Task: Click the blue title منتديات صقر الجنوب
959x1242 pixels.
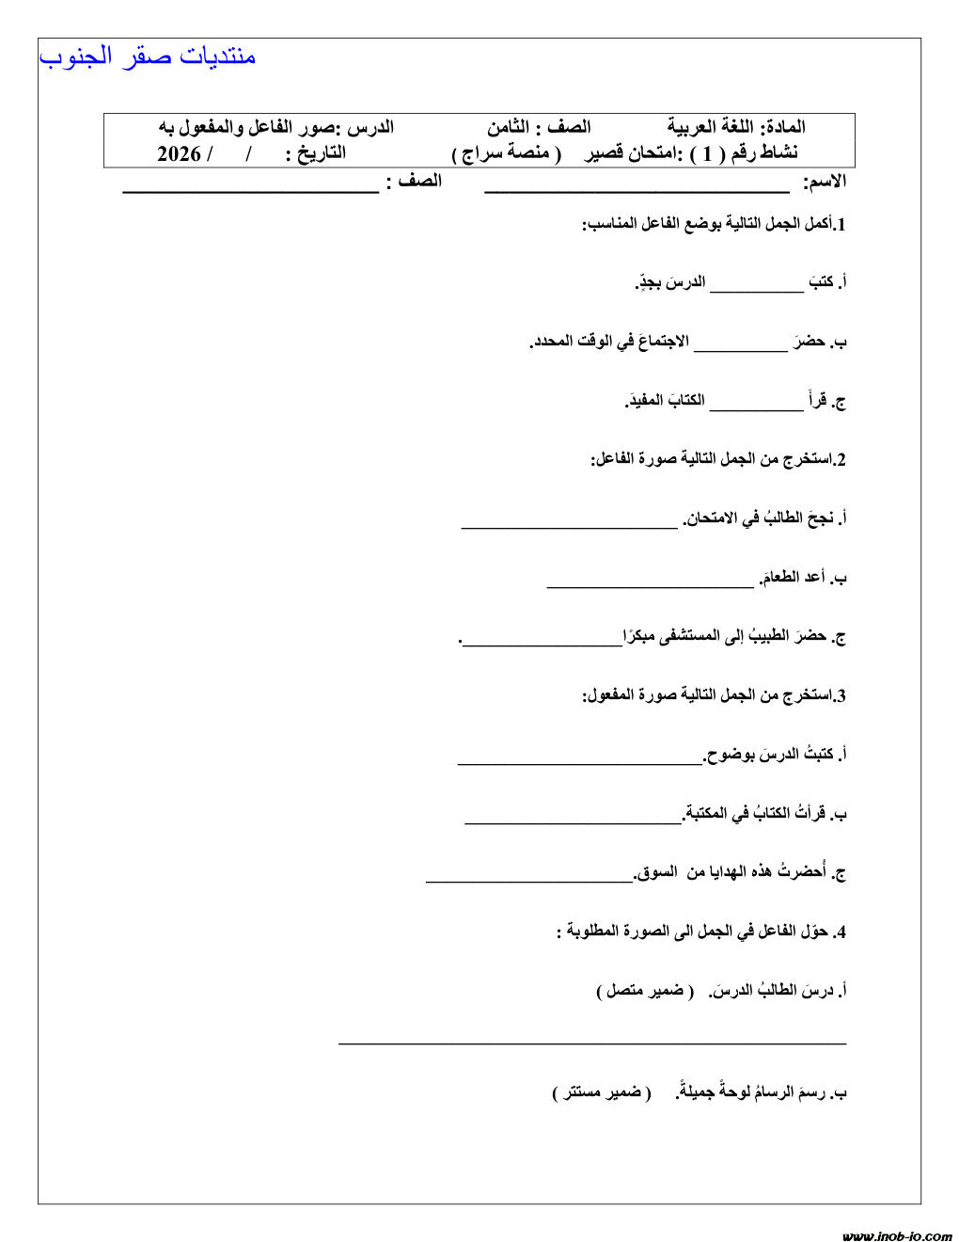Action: (148, 56)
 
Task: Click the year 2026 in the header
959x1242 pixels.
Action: (179, 153)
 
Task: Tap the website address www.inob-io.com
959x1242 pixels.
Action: (897, 1235)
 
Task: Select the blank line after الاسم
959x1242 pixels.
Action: (637, 191)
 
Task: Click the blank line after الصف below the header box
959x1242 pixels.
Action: (250, 191)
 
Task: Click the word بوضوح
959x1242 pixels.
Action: (730, 754)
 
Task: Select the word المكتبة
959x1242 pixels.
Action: (707, 813)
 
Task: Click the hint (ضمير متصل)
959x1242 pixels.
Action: (645, 991)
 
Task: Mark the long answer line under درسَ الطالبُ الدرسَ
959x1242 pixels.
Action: (592, 1043)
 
